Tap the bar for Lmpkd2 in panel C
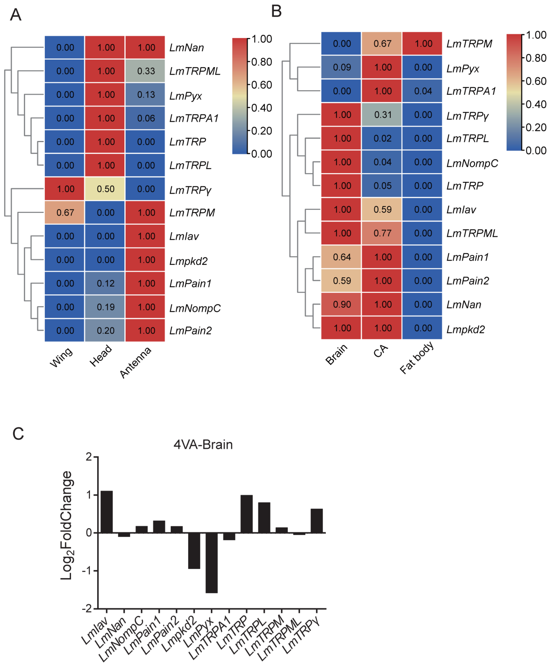coord(194,550)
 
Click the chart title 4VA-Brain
coord(203,445)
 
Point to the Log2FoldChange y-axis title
coord(67,525)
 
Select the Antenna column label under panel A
coord(136,363)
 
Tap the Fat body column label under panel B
coord(417,358)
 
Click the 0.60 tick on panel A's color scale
coord(261,85)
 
